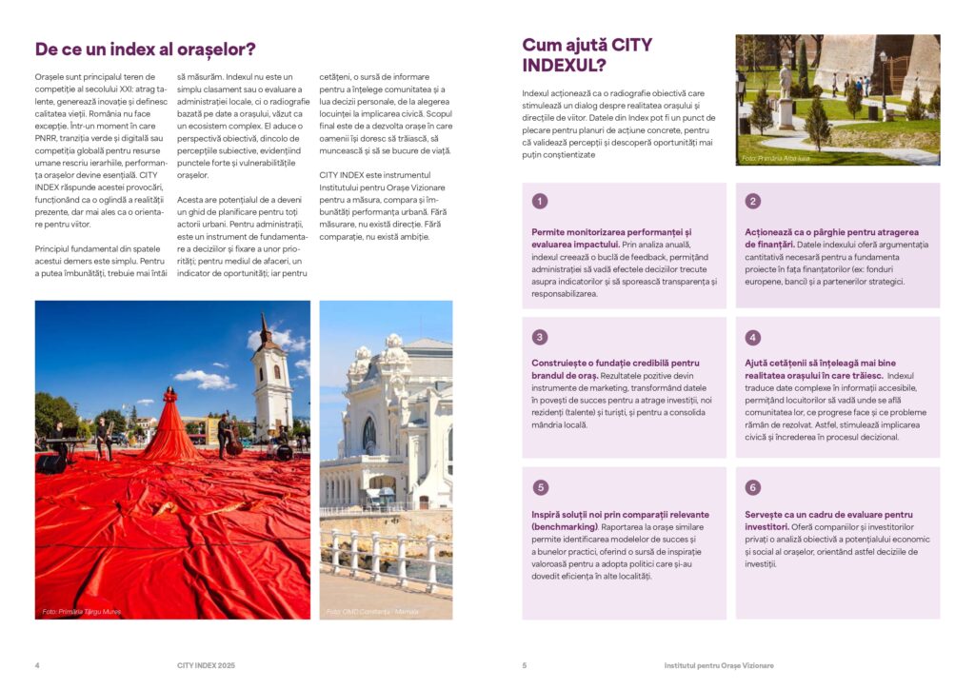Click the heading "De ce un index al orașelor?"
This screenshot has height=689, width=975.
pos(145,49)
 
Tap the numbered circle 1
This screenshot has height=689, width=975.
pos(540,201)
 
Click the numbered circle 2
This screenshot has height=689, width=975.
pos(753,201)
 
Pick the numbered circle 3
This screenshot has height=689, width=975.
pos(540,337)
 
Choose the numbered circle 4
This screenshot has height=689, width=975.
pos(753,337)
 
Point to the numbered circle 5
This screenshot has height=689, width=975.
pos(540,487)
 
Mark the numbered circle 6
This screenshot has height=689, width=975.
pos(753,487)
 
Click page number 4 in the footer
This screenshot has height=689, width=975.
pos(37,664)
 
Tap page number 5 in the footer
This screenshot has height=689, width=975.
pos(525,664)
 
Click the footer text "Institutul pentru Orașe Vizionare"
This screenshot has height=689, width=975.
pos(719,664)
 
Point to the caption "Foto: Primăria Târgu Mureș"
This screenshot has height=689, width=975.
pos(82,611)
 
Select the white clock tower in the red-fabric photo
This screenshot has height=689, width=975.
pos(271,376)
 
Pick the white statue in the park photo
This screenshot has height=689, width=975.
pos(786,95)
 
